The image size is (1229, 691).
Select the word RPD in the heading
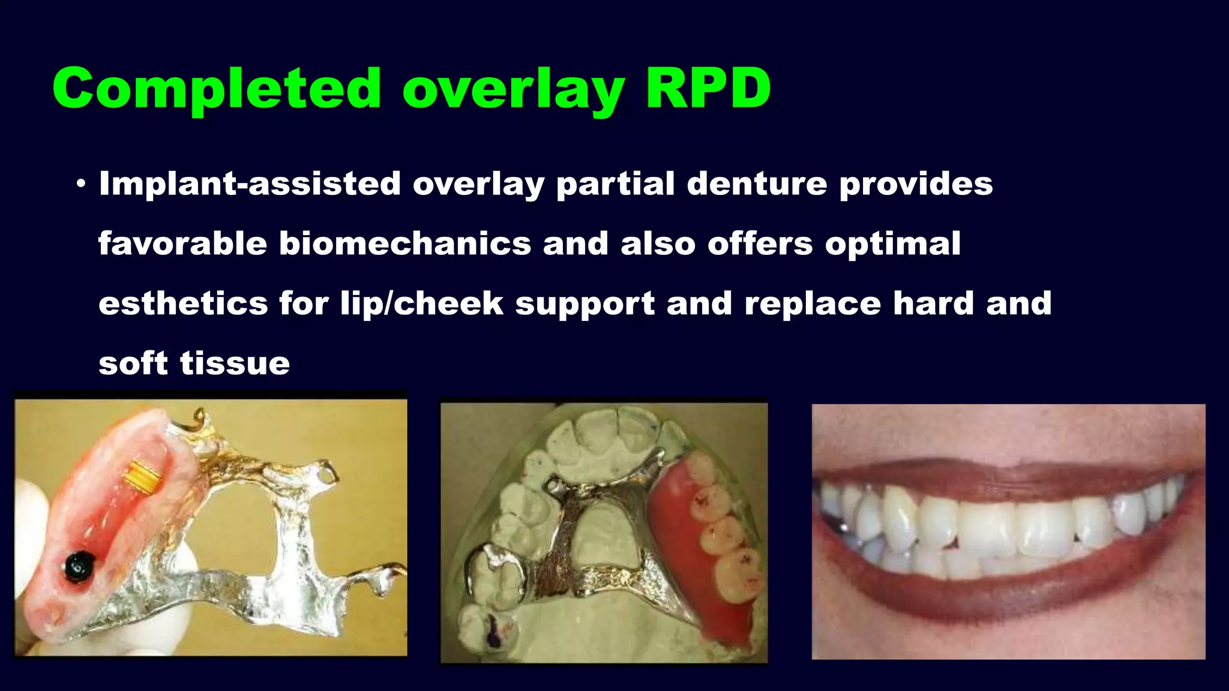pyautogui.click(x=708, y=89)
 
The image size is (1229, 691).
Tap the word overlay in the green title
pyautogui.click(x=514, y=90)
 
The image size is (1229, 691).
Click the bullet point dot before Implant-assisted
pyautogui.click(x=81, y=184)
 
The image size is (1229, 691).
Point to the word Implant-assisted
pyautogui.click(x=250, y=184)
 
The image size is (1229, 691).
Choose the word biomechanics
pyautogui.click(x=405, y=244)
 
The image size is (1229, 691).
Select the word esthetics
pyautogui.click(x=183, y=304)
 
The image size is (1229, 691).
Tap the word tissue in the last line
pyautogui.click(x=235, y=363)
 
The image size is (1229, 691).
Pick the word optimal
pyautogui.click(x=892, y=244)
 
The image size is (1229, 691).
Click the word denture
pyautogui.click(x=757, y=184)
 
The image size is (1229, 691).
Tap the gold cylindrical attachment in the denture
pyautogui.click(x=143, y=475)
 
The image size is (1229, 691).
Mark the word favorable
pyautogui.click(x=182, y=244)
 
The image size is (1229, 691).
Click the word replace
pyautogui.click(x=813, y=304)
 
